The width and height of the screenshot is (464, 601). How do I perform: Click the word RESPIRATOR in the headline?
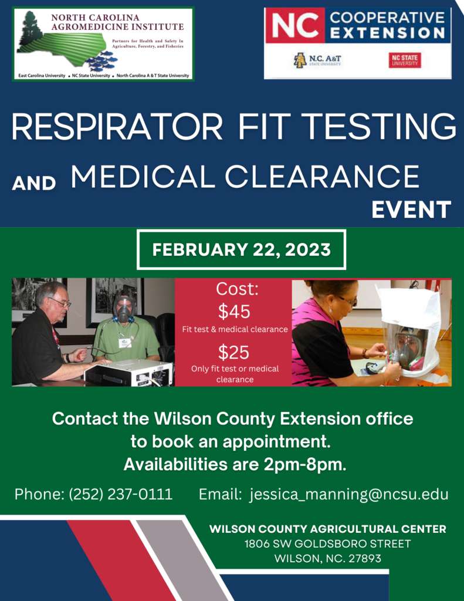pyautogui.click(x=117, y=127)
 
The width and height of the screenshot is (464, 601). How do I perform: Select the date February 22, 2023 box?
pyautogui.click(x=242, y=249)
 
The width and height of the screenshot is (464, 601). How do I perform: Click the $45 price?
pyautogui.click(x=234, y=311)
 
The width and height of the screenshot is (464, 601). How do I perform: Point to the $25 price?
pyautogui.click(x=233, y=352)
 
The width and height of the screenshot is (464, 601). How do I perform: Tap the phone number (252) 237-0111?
pyautogui.click(x=121, y=494)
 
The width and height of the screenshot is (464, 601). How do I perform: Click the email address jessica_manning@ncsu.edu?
pyautogui.click(x=348, y=494)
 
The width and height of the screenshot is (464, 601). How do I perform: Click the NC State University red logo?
pyautogui.click(x=405, y=60)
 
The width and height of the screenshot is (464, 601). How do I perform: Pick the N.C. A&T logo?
pyautogui.click(x=317, y=60)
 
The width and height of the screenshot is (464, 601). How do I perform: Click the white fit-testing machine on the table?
pyautogui.click(x=128, y=373)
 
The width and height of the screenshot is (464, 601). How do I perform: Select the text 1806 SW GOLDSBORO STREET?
pyautogui.click(x=327, y=544)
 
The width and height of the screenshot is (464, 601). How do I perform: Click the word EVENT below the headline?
pyautogui.click(x=411, y=210)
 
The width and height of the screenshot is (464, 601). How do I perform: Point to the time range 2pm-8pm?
pyautogui.click(x=305, y=465)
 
